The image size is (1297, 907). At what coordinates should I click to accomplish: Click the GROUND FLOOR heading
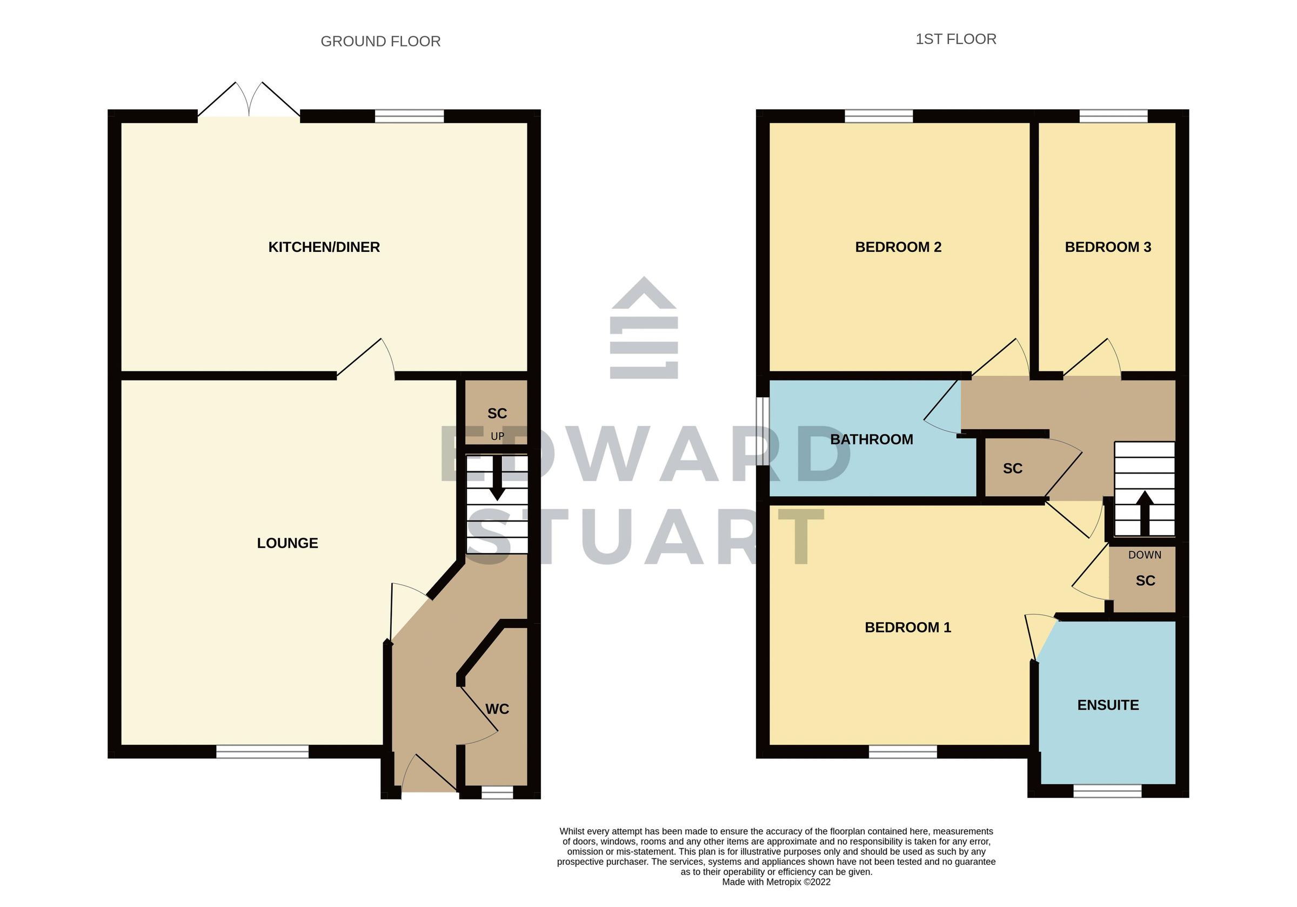380,41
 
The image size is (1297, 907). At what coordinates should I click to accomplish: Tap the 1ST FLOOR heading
955,39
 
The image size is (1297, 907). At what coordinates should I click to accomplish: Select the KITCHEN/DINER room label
324,247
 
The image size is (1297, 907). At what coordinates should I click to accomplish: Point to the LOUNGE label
287,543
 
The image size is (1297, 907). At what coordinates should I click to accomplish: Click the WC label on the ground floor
497,709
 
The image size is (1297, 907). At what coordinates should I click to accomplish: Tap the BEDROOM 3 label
1107,247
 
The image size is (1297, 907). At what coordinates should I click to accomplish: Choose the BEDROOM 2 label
898,247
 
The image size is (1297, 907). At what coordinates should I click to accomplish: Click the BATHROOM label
871,439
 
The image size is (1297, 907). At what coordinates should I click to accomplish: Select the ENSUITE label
1108,705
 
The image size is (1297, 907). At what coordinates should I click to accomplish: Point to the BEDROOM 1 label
907,627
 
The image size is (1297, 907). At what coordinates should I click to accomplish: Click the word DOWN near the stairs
1145,555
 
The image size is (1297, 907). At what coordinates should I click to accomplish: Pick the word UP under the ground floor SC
497,436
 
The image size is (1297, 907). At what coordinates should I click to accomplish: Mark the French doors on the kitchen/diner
249,104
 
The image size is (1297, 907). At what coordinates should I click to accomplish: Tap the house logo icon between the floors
644,328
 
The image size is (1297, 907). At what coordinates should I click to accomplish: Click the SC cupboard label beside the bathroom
1012,469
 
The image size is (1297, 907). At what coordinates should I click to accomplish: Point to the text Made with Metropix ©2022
776,882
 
